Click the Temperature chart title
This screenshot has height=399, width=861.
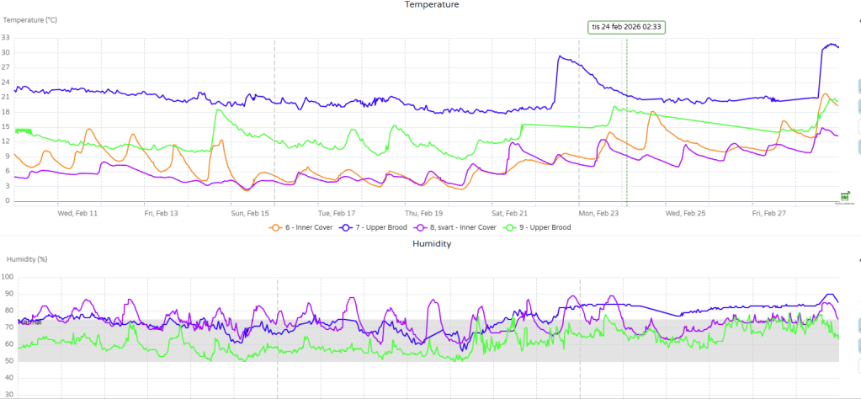(x=432, y=5)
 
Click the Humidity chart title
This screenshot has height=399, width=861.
(x=432, y=243)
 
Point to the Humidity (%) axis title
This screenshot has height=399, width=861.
(x=27, y=259)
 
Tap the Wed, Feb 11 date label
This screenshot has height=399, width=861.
(x=77, y=214)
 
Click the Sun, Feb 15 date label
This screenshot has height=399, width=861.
(x=251, y=214)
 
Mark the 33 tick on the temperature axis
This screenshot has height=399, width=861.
(x=6, y=38)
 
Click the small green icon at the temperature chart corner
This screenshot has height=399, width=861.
(x=845, y=196)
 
